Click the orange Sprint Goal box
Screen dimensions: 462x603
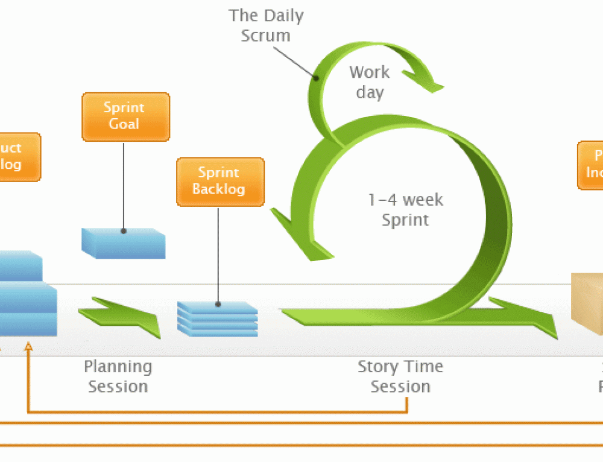coord(125,116)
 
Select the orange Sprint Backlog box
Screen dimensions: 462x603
coord(220,182)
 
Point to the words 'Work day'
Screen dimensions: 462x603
coord(369,83)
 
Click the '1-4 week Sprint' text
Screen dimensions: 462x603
coord(405,209)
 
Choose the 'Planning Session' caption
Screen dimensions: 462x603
coord(118,376)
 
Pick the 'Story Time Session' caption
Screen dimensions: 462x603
coord(400,376)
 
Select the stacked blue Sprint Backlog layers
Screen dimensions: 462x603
coord(217,319)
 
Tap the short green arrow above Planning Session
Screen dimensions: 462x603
coord(120,314)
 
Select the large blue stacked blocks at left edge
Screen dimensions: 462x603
coord(27,296)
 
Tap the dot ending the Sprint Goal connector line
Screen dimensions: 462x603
coord(123,230)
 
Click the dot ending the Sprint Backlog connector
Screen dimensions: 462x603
coord(218,305)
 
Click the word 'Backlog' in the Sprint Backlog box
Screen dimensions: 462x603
coord(218,189)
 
